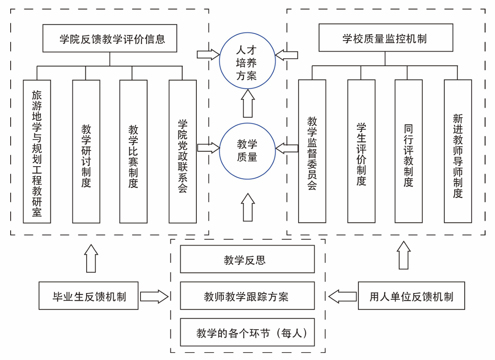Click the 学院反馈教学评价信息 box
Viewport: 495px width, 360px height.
(x=109, y=39)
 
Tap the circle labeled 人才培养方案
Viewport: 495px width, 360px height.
(x=247, y=61)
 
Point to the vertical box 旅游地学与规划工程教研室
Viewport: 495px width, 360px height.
(x=37, y=152)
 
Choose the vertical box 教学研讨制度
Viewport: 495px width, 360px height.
(x=86, y=152)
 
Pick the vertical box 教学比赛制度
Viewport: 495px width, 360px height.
(x=133, y=152)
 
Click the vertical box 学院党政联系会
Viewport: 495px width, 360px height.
(x=183, y=152)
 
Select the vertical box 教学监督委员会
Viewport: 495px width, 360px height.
(x=312, y=151)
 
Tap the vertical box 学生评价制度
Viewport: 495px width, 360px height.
(x=361, y=151)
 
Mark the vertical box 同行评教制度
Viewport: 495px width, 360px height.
(x=408, y=151)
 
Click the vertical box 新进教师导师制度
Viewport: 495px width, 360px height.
(x=458, y=151)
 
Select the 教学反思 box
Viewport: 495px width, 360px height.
(x=247, y=259)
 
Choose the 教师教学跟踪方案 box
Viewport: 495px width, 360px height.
(x=247, y=296)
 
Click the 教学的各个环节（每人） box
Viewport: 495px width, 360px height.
(x=247, y=332)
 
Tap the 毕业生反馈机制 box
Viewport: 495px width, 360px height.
(x=89, y=296)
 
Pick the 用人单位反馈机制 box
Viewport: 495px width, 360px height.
(x=411, y=296)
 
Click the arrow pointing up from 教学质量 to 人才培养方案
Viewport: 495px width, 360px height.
(x=247, y=103)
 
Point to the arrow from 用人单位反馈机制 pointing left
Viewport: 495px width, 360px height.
(x=342, y=296)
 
